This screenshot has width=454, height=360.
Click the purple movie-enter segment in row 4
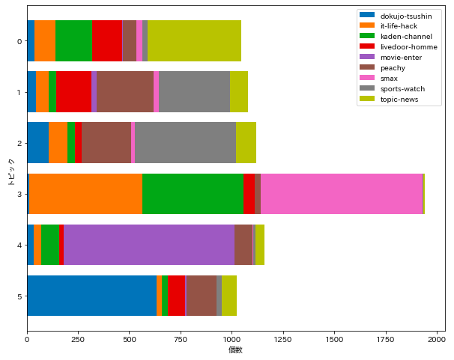click(149, 245)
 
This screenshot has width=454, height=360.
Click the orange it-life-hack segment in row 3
click(85, 194)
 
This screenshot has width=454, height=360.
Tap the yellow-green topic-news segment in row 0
click(194, 40)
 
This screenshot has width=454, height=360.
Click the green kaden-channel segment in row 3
click(193, 194)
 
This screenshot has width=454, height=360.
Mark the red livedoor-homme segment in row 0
click(107, 40)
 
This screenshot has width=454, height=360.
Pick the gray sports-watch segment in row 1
click(194, 92)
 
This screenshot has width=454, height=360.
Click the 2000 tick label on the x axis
click(437, 338)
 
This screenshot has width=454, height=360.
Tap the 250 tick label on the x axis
click(78, 338)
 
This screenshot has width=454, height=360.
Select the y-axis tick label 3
click(18, 194)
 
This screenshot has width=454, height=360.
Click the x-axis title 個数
click(235, 350)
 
